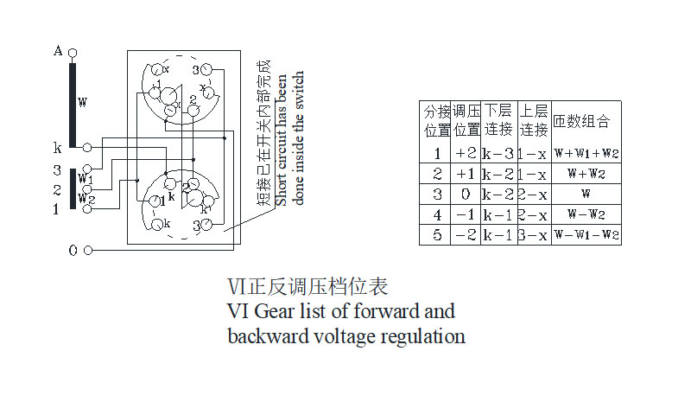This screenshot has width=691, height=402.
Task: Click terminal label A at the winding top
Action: [58, 52]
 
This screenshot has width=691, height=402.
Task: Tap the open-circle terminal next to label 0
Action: [88, 251]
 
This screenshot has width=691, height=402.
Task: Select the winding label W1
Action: [86, 179]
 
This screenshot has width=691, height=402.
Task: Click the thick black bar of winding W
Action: [73, 104]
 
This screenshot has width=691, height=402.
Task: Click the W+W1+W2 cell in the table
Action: [586, 153]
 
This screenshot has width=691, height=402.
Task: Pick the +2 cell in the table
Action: [466, 153]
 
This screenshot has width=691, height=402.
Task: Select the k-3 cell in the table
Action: [498, 153]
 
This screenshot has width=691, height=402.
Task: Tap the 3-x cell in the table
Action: [532, 234]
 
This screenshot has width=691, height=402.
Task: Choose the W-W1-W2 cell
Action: [586, 234]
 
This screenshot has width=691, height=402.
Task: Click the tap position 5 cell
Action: [436, 234]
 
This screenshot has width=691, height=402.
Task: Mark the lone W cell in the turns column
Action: [586, 194]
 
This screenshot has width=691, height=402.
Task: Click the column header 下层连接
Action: [498, 120]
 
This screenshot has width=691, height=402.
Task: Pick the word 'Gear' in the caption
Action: [274, 310]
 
